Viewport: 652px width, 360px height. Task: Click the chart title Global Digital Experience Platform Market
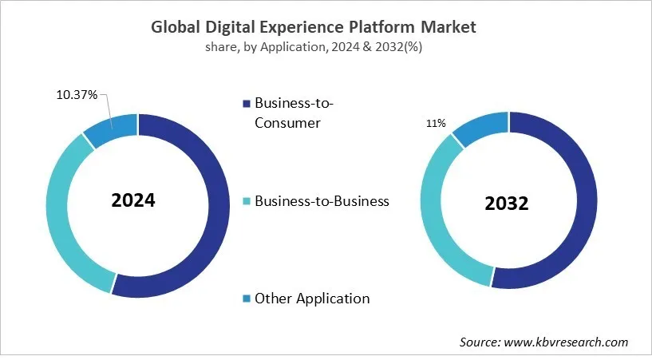[x=313, y=26]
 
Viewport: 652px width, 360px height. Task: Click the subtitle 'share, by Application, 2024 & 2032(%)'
[x=313, y=48]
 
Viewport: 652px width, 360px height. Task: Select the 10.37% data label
[x=77, y=95]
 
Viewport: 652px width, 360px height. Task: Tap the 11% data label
[x=436, y=124]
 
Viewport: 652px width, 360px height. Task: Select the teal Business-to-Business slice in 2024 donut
[x=60, y=216]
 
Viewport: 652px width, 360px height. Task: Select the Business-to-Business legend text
[x=322, y=201]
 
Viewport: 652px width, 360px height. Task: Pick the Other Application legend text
[x=312, y=299]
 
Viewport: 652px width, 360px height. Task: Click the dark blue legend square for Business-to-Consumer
[x=247, y=104]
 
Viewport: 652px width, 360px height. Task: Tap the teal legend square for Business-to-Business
[x=247, y=202]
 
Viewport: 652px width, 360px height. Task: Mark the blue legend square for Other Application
[x=247, y=299]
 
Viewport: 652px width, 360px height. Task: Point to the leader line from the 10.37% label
[x=107, y=109]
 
